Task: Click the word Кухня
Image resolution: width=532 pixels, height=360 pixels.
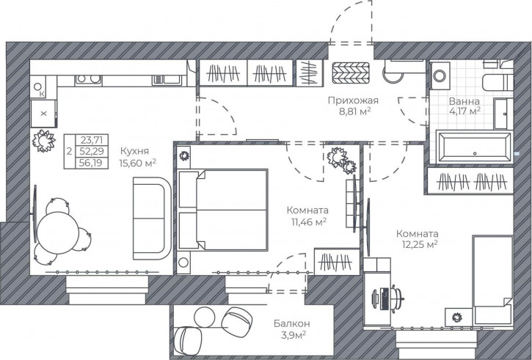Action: pyautogui.click(x=135, y=151)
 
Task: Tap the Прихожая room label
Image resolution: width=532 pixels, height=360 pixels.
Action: pyautogui.click(x=353, y=100)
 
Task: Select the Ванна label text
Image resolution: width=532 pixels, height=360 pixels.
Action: pyautogui.click(x=464, y=101)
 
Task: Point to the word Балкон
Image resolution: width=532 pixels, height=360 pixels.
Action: pyautogui.click(x=292, y=324)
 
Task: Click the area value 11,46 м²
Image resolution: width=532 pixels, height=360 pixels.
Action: pyautogui.click(x=307, y=222)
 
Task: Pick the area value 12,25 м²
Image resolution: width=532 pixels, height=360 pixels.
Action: pyautogui.click(x=420, y=244)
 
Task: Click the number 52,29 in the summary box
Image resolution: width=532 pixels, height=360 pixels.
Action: pyautogui.click(x=91, y=151)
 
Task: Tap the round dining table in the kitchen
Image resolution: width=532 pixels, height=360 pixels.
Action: pyautogui.click(x=58, y=233)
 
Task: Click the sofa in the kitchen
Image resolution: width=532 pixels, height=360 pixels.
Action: pyautogui.click(x=153, y=218)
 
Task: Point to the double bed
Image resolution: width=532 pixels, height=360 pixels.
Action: pyautogui.click(x=222, y=210)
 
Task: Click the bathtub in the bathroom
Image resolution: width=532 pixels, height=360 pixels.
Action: pyautogui.click(x=474, y=147)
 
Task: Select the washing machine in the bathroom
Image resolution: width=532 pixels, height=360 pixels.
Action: pyautogui.click(x=440, y=76)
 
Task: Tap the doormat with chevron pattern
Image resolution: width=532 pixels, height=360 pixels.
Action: pyautogui.click(x=351, y=73)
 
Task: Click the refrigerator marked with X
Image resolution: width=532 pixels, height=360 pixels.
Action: pyautogui.click(x=43, y=113)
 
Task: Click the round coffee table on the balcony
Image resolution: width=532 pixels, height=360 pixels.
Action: pyautogui.click(x=204, y=317)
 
